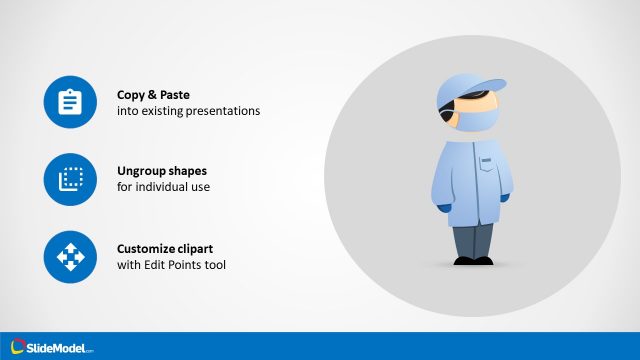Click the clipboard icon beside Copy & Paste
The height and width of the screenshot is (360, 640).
70,102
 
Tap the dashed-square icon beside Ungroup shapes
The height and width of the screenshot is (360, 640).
70,179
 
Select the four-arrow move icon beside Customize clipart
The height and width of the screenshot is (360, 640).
70,256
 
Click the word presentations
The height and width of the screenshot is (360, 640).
224,111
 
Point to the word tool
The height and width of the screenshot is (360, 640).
217,264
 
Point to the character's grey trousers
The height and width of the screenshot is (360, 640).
472,239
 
